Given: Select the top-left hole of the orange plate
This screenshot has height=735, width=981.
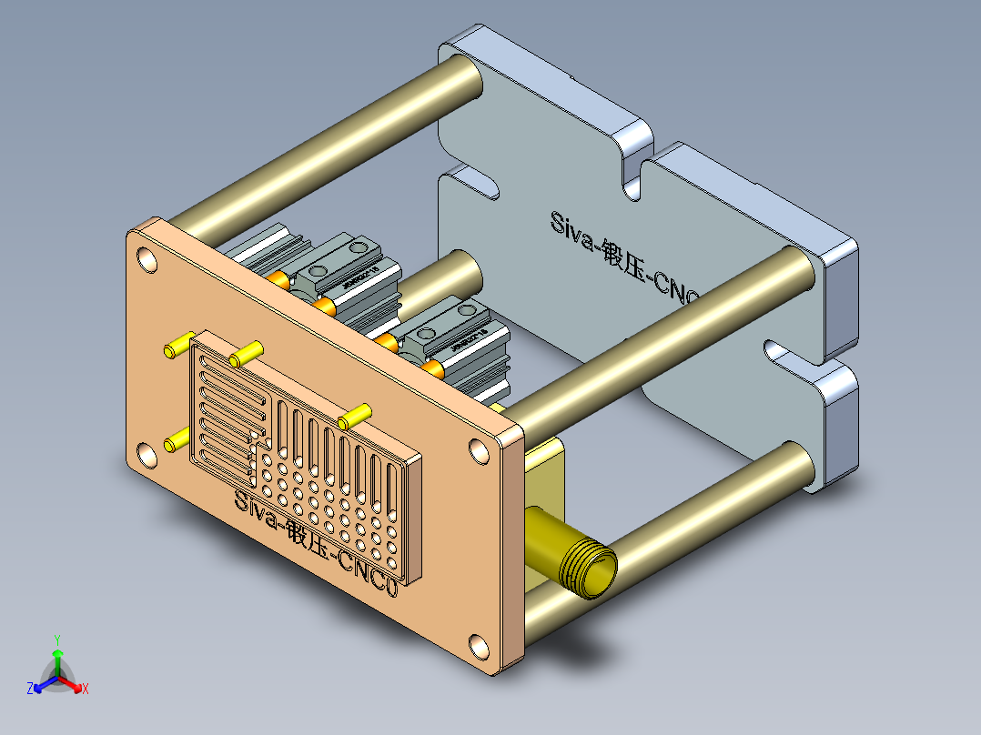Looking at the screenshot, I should click(147, 260).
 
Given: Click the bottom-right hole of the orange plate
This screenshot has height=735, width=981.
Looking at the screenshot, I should click(479, 649).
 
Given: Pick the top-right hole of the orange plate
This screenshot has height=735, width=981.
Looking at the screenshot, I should click(479, 449).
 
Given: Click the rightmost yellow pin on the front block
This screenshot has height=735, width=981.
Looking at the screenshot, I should click(355, 415).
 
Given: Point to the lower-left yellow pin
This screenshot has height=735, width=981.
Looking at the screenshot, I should click(176, 442).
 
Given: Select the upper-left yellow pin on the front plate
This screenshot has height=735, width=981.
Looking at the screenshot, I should click(177, 346).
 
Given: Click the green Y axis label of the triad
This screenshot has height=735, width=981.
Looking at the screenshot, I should click(56, 639).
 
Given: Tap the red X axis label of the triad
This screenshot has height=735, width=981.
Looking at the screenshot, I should click(86, 690).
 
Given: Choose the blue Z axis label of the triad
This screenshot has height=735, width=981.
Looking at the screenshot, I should click(30, 690).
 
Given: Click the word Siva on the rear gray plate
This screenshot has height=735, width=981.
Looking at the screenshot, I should click(571, 227).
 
